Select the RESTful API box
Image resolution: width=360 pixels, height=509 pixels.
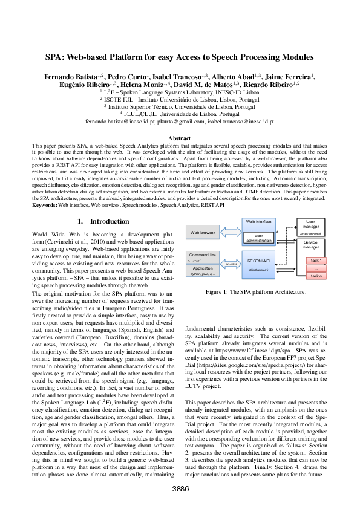[258, 261]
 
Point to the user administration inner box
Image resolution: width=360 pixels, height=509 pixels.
[258, 238]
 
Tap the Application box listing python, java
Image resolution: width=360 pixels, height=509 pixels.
[203, 271]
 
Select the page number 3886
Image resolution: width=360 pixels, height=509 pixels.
[180, 488]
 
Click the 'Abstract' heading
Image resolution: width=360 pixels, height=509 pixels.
[180, 138]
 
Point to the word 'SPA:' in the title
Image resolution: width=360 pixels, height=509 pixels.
[56, 57]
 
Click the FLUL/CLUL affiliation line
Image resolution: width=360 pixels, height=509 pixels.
[180, 113]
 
